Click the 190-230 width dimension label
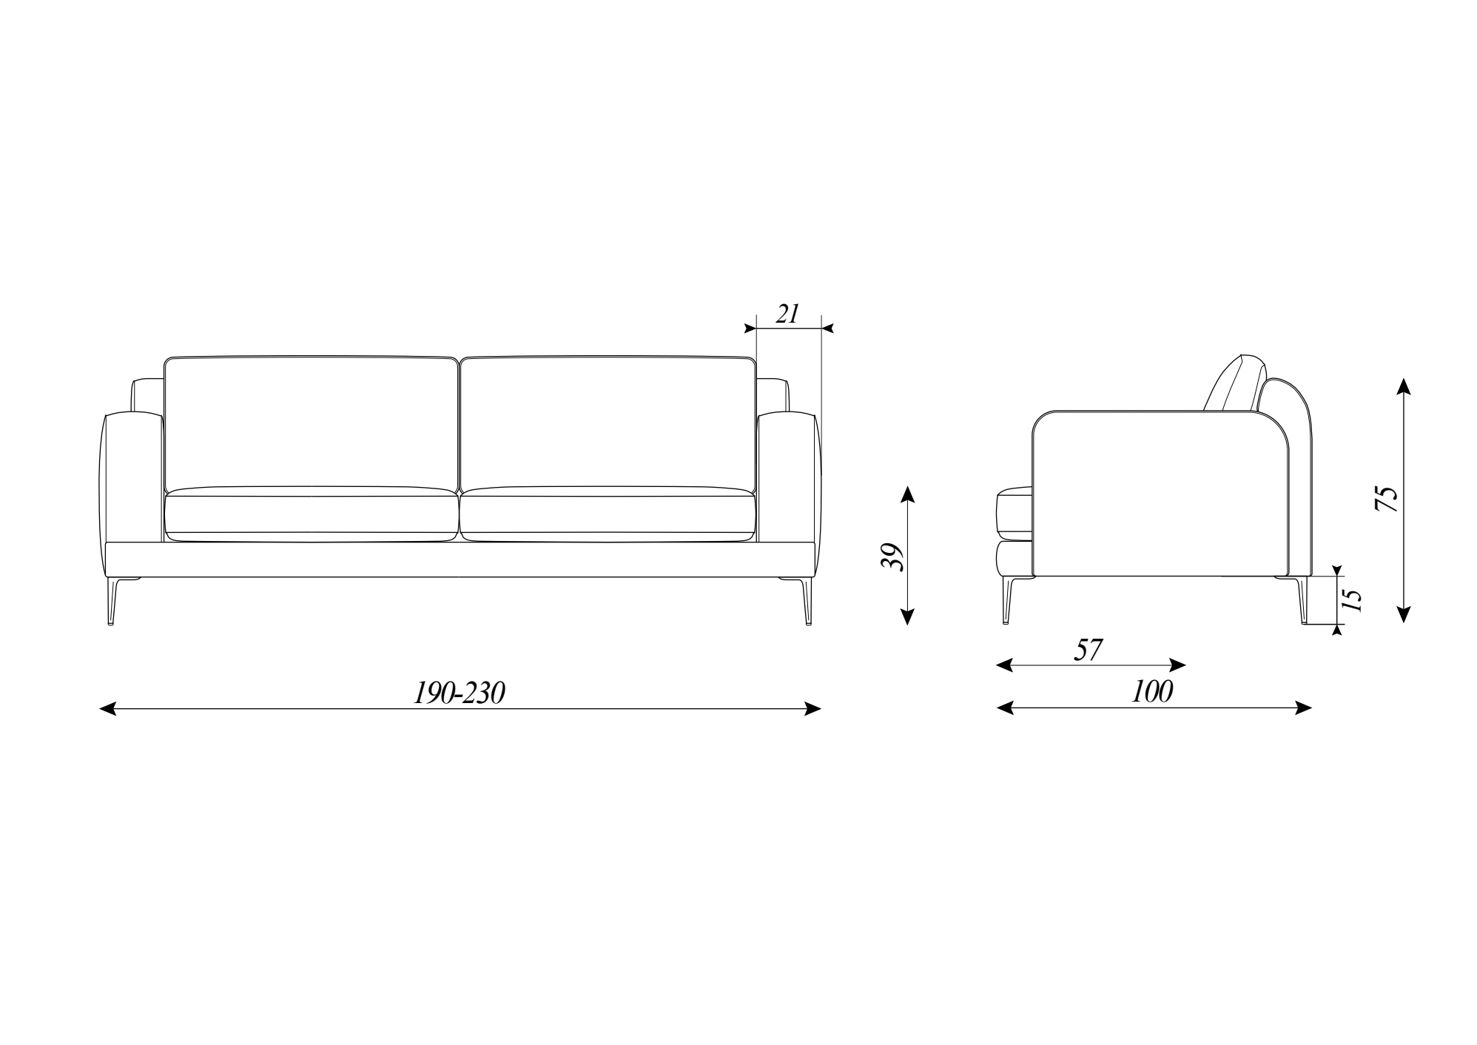459,693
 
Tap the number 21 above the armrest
787,314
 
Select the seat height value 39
892,557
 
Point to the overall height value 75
1385,499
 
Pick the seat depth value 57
1089,650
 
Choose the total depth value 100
1152,692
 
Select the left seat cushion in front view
311,514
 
